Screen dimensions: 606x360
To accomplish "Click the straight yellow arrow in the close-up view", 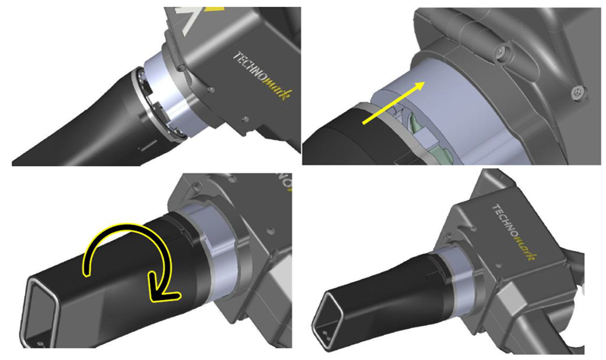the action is pos(393,103).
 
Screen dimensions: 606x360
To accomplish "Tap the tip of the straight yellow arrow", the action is pos(425,82).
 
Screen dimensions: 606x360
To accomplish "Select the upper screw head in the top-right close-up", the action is pos(501,50).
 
